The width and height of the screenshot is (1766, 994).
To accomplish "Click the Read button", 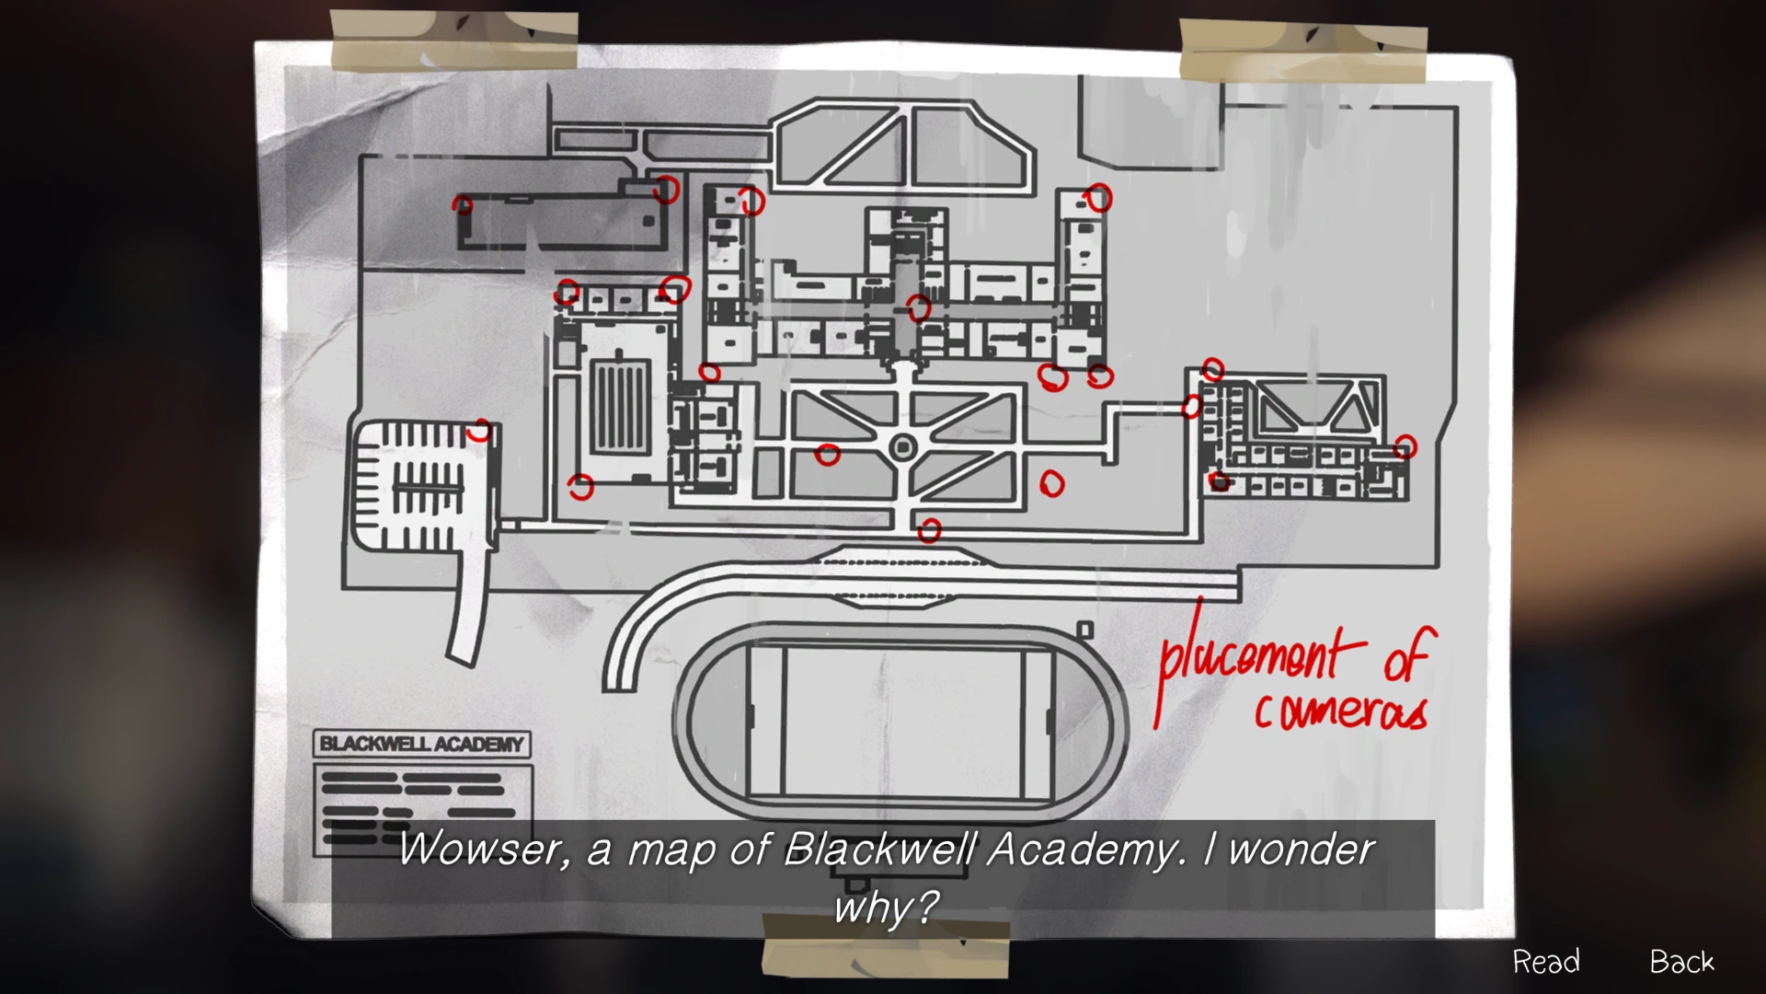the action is (x=1546, y=962).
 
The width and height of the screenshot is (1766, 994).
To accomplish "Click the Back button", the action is (x=1681, y=962).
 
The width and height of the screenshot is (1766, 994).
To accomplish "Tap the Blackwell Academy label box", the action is (x=422, y=744).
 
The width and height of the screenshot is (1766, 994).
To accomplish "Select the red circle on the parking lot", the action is (x=478, y=430).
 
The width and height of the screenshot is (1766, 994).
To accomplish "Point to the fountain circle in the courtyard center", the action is (x=903, y=448).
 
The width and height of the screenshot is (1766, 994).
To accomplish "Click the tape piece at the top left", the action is (x=453, y=41).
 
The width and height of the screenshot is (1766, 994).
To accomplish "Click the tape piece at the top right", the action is (x=1302, y=51).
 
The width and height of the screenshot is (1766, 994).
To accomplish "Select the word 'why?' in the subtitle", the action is (x=885, y=907).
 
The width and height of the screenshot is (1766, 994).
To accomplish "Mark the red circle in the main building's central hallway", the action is (x=918, y=307).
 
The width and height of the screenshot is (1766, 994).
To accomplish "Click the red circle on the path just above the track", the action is (x=930, y=530).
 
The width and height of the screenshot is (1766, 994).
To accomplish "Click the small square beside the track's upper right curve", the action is (x=1085, y=630).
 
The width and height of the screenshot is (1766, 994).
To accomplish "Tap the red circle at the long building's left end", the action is (x=463, y=204).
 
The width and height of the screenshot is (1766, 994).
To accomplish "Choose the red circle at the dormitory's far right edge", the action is (x=1405, y=447).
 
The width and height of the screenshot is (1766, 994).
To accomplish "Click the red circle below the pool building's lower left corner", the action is (x=580, y=486).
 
